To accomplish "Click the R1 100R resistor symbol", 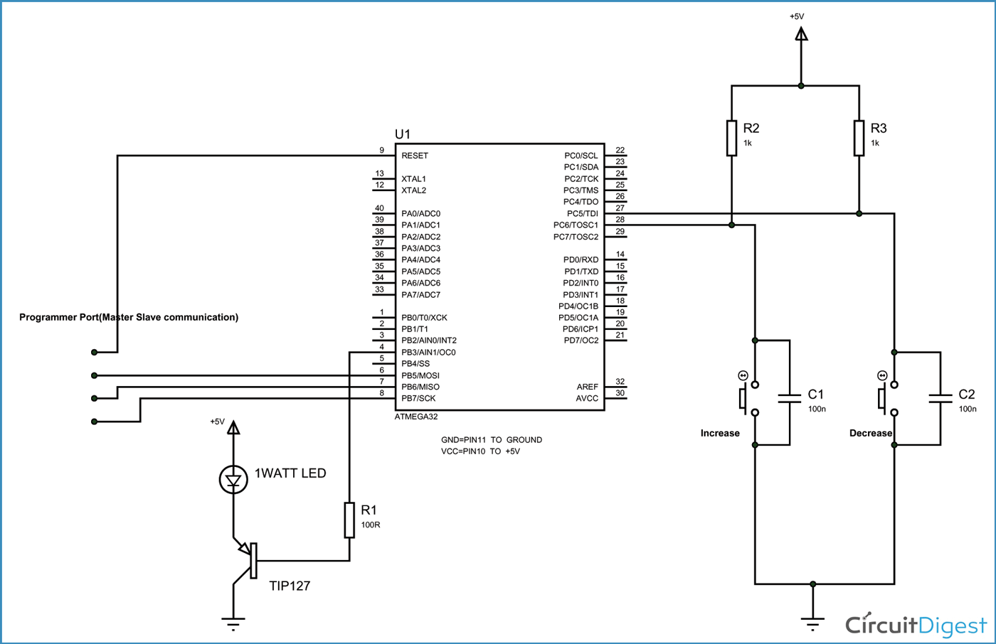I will [x=349, y=520].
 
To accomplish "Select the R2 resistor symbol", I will [x=731, y=138].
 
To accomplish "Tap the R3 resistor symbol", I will [x=859, y=138].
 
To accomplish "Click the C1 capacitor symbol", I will [x=790, y=398].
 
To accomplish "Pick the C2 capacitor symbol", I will [x=941, y=398].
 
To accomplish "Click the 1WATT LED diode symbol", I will [x=233, y=480].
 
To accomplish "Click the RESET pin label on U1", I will [x=415, y=156].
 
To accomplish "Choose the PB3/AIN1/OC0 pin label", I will [x=428, y=353].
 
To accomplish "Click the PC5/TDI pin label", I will [x=582, y=213].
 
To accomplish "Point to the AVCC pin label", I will [x=587, y=399].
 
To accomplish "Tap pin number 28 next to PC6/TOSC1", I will [x=620, y=220].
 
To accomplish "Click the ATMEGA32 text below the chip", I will [x=416, y=417].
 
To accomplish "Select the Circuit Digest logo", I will [x=916, y=625].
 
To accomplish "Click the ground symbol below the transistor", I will [x=233, y=624].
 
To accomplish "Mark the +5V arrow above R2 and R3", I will [x=801, y=34].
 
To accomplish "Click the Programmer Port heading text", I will [x=129, y=317].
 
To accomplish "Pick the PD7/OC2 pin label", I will [x=581, y=340].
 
